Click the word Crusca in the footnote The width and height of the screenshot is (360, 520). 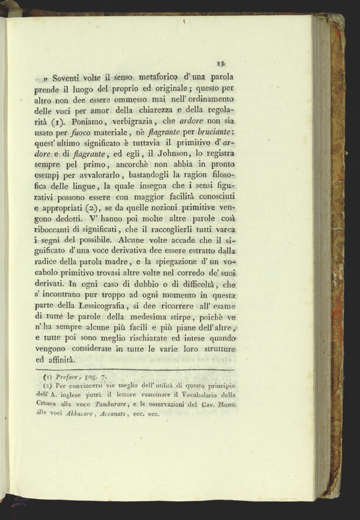tap(46, 404)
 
